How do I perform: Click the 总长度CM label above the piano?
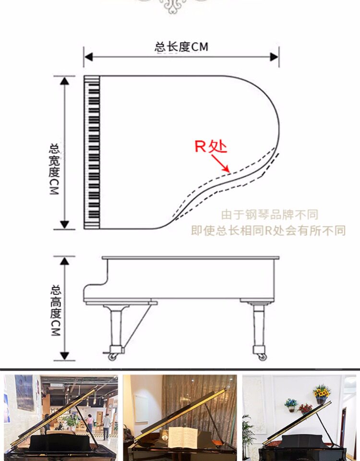[181, 47]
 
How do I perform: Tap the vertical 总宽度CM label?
[54, 168]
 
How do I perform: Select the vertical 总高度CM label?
[56, 310]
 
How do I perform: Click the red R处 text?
[210, 146]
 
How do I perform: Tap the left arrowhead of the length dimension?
[88, 57]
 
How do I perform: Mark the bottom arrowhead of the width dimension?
[65, 224]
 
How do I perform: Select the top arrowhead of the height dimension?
[65, 261]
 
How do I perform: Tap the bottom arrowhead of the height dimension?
[65, 356]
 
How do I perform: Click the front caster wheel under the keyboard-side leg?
[113, 356]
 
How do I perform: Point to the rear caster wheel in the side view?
[262, 356]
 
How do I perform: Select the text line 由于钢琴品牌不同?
[269, 215]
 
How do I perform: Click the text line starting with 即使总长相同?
[268, 230]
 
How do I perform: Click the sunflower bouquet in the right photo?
[322, 391]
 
